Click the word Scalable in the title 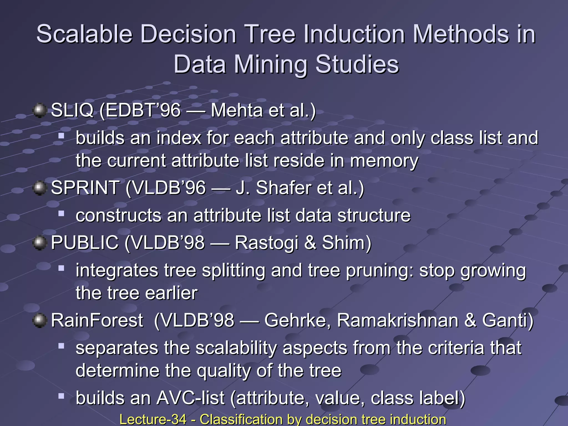[85, 34]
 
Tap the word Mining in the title [271, 65]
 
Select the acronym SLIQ [72, 110]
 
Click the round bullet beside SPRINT [40, 188]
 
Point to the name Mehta [237, 110]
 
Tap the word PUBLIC [85, 243]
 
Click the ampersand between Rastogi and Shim [310, 243]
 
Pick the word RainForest [97, 320]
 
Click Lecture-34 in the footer [153, 419]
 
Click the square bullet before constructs [61, 213]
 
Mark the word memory [384, 161]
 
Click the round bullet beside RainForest [40, 321]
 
